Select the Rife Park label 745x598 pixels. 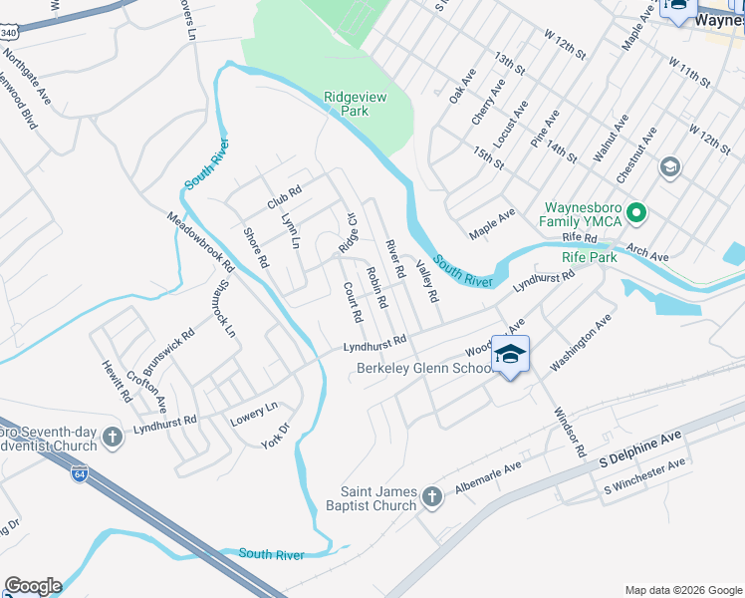(x=590, y=257)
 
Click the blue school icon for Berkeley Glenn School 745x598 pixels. (x=509, y=356)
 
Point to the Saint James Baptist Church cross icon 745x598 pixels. (x=432, y=496)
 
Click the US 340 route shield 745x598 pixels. (x=7, y=33)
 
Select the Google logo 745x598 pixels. (x=33, y=586)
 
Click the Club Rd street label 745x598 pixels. (x=284, y=196)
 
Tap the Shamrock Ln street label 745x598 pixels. (x=222, y=304)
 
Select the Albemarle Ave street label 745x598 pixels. (x=488, y=479)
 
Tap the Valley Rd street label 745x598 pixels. (x=427, y=281)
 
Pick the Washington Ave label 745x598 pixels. (x=579, y=343)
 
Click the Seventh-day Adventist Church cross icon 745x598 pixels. (x=114, y=436)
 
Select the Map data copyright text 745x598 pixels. (x=683, y=588)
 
